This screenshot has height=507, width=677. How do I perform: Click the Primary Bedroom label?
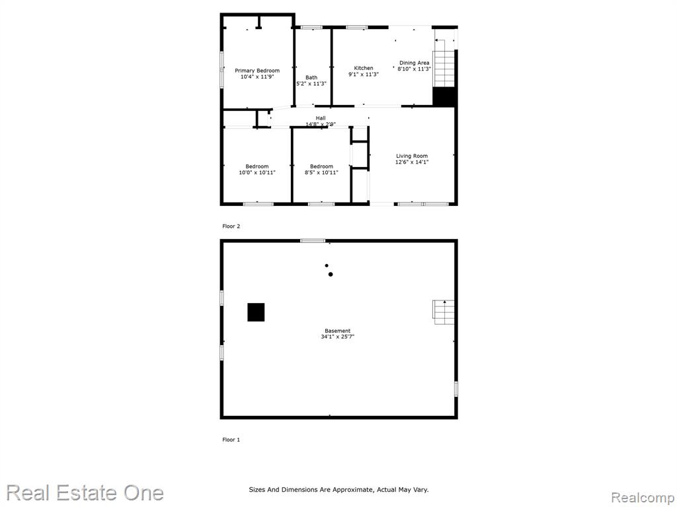(x=257, y=71)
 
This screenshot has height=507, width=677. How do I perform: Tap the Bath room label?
(x=311, y=78)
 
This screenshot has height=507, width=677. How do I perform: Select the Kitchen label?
(x=364, y=68)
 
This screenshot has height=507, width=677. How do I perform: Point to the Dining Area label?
(x=414, y=63)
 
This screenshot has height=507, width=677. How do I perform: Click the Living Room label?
(x=412, y=156)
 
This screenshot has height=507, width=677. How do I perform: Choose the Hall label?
(x=321, y=118)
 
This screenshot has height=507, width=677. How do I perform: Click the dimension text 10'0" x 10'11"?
(x=257, y=172)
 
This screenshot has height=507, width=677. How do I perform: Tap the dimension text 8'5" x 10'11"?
(x=322, y=172)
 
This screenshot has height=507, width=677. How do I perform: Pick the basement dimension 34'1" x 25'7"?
(x=338, y=337)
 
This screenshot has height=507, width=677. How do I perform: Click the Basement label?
(x=338, y=331)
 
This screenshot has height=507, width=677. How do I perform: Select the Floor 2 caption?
(x=231, y=226)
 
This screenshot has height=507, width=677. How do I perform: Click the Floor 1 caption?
(x=231, y=440)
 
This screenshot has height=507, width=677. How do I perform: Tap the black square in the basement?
(x=256, y=312)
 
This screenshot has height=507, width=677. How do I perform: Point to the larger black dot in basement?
(x=331, y=274)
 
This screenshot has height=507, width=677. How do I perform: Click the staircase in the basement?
(x=444, y=312)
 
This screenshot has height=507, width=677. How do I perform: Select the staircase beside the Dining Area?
(x=444, y=69)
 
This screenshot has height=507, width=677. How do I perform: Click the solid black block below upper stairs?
(x=444, y=97)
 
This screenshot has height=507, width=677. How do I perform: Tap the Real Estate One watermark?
(x=85, y=493)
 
